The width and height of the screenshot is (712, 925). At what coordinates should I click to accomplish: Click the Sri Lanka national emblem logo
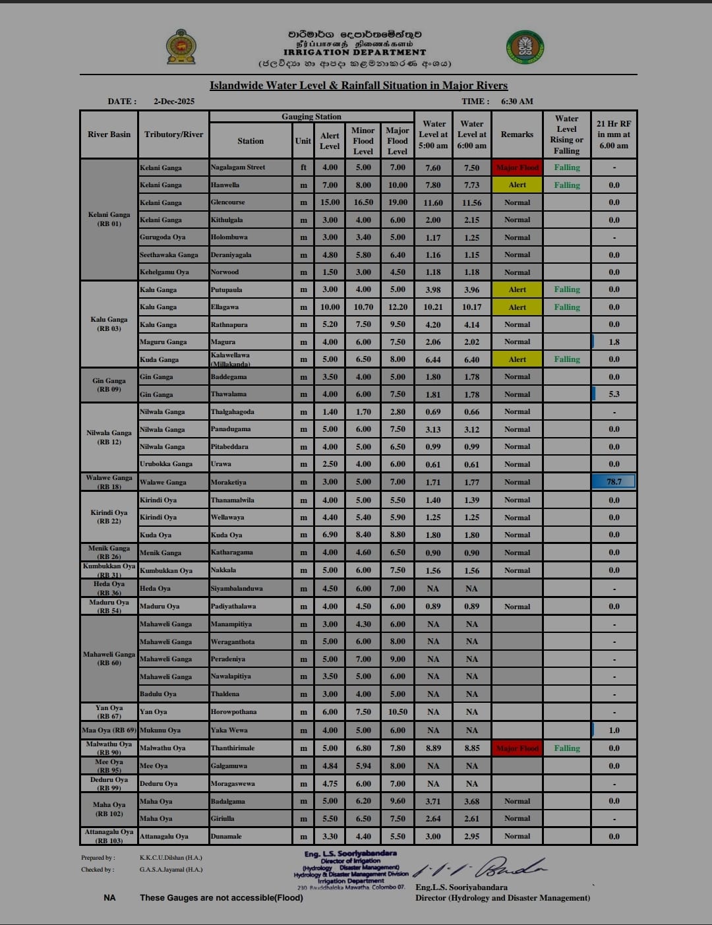[x=181, y=47]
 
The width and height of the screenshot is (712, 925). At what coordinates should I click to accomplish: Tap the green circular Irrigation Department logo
[x=525, y=47]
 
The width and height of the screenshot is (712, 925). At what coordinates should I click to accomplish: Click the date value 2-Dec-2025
[x=174, y=102]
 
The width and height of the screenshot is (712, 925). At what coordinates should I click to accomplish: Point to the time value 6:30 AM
[x=517, y=102]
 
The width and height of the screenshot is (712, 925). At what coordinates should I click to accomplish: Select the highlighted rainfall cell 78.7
[x=614, y=482]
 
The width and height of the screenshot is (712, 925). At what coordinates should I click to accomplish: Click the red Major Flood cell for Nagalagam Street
[x=518, y=167]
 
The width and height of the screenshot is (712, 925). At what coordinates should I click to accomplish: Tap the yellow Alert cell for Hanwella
[x=518, y=185]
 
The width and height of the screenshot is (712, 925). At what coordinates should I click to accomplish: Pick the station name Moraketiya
[x=228, y=482]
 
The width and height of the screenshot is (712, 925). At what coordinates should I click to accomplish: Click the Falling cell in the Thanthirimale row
[x=567, y=748]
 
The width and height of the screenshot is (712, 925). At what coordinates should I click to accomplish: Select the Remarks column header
[x=517, y=134]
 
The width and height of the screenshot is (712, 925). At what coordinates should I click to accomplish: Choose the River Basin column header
[x=109, y=134]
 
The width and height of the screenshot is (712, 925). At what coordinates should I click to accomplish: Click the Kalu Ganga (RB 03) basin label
[x=109, y=324]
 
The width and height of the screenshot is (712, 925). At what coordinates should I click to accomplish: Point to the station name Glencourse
[x=227, y=202]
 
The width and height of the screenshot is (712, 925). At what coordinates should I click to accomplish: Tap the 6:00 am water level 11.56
[x=471, y=203]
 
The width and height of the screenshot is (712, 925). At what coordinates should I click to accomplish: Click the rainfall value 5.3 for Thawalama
[x=614, y=394]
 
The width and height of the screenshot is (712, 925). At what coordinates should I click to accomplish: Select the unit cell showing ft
[x=303, y=167]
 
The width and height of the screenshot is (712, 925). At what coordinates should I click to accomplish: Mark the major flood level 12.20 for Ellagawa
[x=398, y=307]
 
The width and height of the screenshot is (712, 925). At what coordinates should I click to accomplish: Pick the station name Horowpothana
[x=233, y=712]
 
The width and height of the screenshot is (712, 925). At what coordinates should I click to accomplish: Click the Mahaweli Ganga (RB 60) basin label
[x=109, y=659]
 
